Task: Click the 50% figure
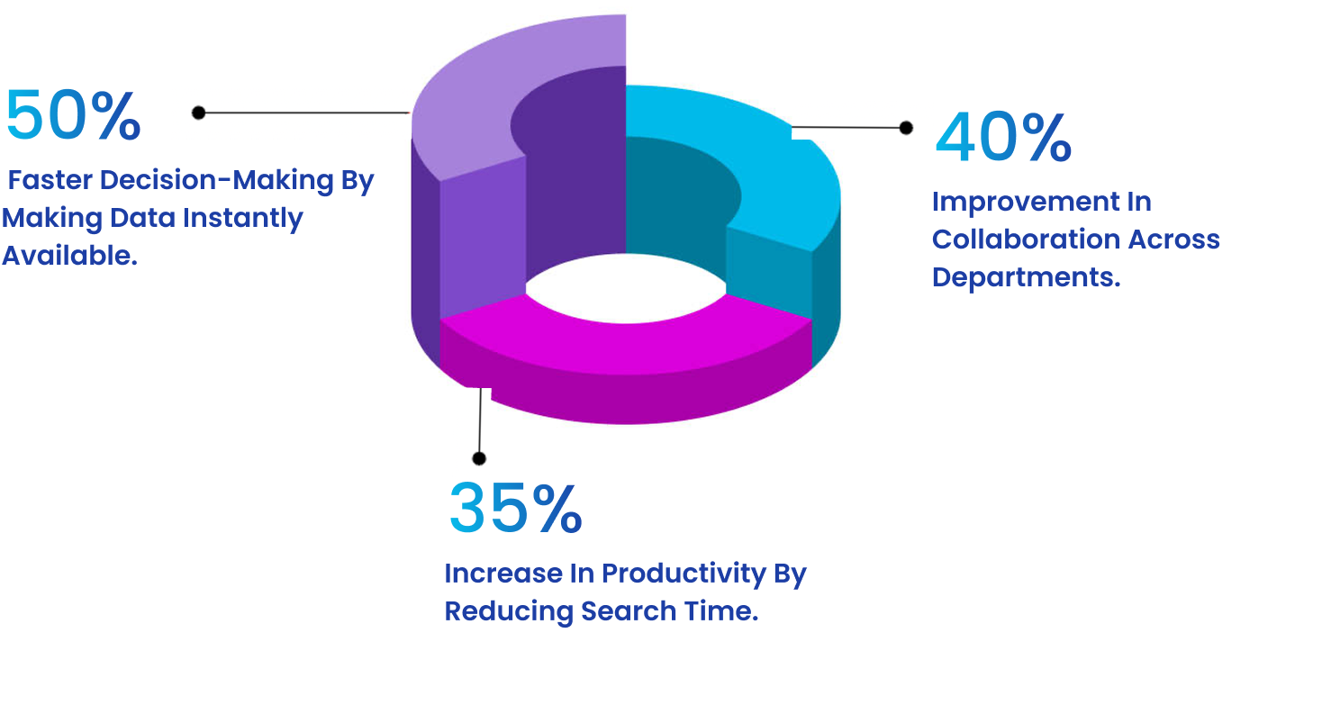73,116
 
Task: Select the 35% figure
515,509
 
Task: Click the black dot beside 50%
199,113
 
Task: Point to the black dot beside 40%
906,128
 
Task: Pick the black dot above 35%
479,458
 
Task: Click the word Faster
50,180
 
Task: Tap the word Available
69,256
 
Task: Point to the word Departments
1026,277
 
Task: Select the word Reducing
509,611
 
